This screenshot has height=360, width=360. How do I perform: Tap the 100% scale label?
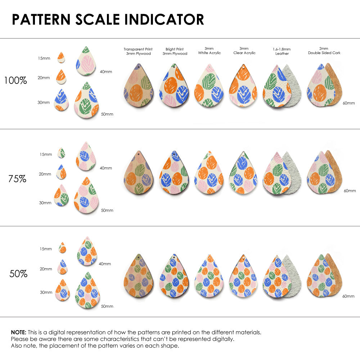coord(15,81)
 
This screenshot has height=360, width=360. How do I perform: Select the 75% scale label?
coord(17,179)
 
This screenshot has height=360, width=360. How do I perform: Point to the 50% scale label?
coord(18,274)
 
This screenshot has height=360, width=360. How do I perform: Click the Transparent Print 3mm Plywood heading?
coord(138,51)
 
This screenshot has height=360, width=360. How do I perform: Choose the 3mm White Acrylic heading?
coord(209,51)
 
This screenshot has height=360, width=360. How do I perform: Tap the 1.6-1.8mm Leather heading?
coord(282,51)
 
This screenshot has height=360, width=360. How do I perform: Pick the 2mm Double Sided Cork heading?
coord(324,51)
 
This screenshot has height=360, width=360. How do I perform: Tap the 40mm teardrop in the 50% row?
coord(87,252)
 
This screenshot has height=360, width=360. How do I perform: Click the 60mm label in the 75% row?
coord(349,190)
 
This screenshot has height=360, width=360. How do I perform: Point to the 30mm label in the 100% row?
coord(44,103)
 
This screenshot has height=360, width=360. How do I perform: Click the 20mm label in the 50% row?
coord(46,269)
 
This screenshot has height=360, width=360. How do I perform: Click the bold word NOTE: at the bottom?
coord(18,332)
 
